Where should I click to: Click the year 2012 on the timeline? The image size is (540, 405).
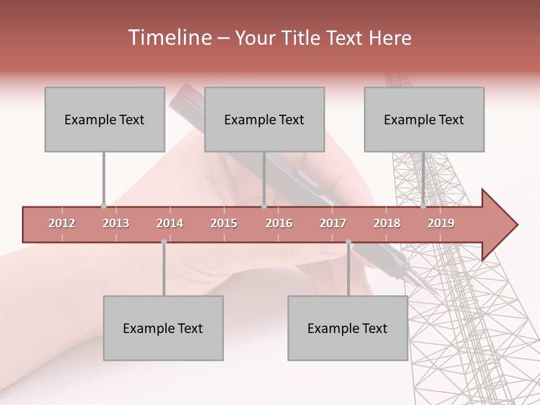pos(62,223)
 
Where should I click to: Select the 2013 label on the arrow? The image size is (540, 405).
pos(116,223)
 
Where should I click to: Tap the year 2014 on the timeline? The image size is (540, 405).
pos(170,223)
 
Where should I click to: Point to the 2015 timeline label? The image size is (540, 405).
pos(224,223)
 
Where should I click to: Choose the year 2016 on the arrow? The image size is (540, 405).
pos(279,223)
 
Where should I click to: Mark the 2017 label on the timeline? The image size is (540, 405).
pos(333,223)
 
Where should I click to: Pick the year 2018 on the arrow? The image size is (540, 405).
pos(387,223)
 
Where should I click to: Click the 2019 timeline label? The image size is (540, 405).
pos(441,223)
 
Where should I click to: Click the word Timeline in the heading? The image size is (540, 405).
pos(169,38)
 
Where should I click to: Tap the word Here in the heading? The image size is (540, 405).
pos(390,38)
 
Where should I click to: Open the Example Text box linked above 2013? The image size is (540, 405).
pos(105,119)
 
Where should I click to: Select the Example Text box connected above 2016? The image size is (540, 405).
pos(264,119)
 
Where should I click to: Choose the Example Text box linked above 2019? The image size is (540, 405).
pos(424,119)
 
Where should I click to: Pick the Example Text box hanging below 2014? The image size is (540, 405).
pos(163,328)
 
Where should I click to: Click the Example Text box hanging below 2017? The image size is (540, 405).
pos(348,328)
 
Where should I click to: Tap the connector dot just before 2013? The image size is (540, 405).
pos(103,206)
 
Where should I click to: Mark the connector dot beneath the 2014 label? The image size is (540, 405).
pos(164,242)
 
